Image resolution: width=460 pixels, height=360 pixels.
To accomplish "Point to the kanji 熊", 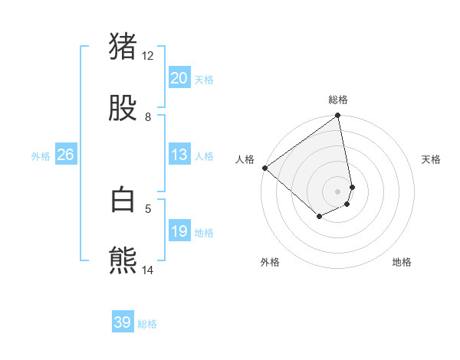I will coord(123,260).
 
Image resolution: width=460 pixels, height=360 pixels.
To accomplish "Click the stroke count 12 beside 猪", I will coord(148,55).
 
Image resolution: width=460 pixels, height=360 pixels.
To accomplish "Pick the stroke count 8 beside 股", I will coord(148,116).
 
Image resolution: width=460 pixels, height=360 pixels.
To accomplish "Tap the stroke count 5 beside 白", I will coord(148,208).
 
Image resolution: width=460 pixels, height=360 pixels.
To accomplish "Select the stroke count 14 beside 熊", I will coord(148,270).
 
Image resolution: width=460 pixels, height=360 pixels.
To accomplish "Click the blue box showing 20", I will coord(179,78).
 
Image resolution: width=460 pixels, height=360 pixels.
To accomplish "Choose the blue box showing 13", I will coord(179,155).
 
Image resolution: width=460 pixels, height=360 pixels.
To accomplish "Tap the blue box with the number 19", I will coord(179,231).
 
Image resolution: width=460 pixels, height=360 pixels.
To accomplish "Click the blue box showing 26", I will coord(65,155).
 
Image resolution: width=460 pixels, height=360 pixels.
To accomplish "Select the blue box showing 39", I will coord(123,322).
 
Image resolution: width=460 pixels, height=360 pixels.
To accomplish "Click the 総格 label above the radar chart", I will coord(338,100).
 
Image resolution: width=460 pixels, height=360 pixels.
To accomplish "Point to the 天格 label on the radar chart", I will coord(431,159).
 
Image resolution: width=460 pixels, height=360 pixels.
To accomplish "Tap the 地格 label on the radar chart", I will coord(402,262).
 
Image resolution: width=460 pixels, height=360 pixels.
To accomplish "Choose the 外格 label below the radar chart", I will coord(270,262).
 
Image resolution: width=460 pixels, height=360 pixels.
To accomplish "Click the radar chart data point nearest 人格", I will coord(264,168).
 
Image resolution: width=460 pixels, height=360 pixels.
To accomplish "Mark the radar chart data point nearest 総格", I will coord(338,116).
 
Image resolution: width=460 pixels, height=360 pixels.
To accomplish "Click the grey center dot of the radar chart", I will coord(338,191).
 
